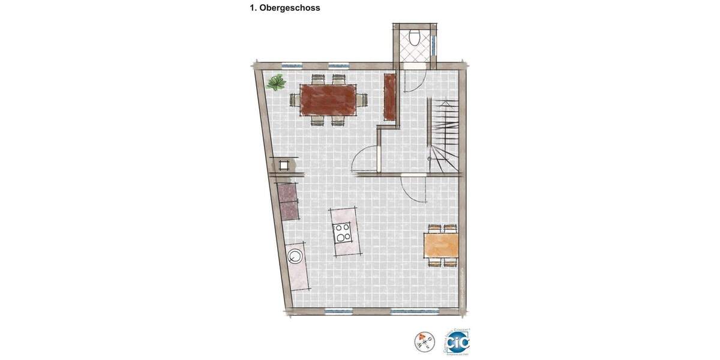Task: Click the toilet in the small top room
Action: point(415,37)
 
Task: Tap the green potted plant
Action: point(276,83)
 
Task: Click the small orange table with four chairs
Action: point(441,245)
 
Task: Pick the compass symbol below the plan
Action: point(424,341)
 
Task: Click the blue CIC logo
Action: point(458,341)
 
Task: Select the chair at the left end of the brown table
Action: point(294,99)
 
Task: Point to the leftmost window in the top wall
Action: point(291,65)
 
